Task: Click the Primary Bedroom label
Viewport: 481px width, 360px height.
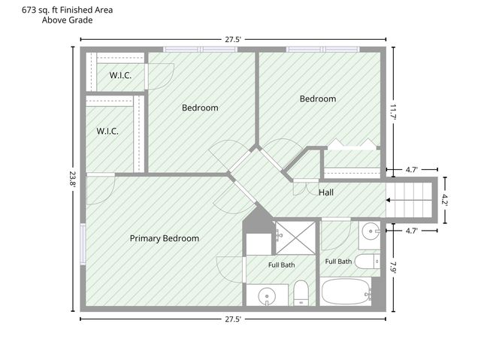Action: coord(165,238)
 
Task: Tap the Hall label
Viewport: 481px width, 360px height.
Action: coord(326,192)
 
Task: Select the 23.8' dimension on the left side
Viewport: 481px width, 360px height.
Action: coord(73,179)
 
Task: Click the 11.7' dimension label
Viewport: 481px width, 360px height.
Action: coord(394,112)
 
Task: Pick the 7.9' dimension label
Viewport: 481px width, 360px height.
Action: coord(394,267)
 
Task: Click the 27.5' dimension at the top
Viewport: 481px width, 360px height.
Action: coord(233,40)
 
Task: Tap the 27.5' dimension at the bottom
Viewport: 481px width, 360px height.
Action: coord(233,319)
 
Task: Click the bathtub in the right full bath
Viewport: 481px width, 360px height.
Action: coord(346,292)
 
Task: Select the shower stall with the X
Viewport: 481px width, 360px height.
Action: coord(295,238)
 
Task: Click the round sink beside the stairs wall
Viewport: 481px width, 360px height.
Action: coord(371,231)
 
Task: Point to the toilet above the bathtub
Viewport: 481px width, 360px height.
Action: coord(368,262)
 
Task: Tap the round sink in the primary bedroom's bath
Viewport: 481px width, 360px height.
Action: coord(267,297)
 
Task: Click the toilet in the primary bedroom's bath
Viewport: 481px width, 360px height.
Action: coord(301,293)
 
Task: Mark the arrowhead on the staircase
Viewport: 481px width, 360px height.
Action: coord(388,200)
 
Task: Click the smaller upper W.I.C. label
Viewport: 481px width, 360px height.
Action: coord(120,75)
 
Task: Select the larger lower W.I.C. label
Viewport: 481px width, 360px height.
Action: coord(107,132)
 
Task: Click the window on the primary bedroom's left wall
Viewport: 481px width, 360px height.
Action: coord(83,244)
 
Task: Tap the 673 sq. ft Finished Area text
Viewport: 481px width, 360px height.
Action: coord(67,10)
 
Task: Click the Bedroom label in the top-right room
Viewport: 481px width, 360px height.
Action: coord(318,98)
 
